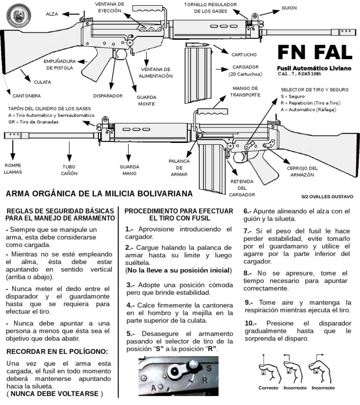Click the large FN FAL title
point(315,53)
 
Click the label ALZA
point(52,15)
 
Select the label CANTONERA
point(26,96)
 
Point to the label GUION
point(289,8)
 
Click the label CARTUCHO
point(244,55)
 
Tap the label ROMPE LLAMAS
point(13,169)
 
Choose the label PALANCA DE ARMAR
point(179,167)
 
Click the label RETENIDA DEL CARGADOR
point(242,187)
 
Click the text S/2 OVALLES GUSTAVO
point(327,197)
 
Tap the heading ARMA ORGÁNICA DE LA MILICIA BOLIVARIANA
point(99,194)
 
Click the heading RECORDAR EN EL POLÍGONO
point(57,352)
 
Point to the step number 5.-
point(131,334)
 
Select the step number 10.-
point(251,323)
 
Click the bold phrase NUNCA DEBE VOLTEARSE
point(54,394)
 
